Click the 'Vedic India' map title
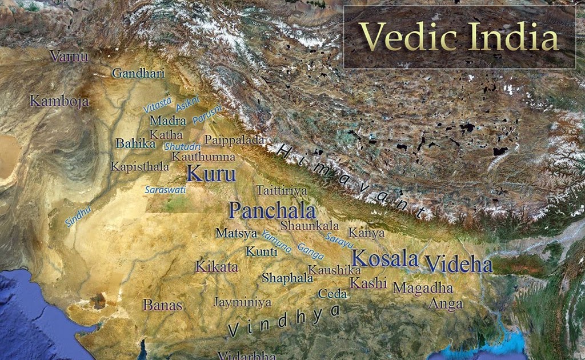[459, 37]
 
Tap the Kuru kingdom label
[211, 173]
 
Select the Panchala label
[272, 210]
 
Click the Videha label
[459, 265]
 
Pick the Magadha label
[423, 288]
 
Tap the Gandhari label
[138, 73]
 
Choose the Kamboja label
[59, 102]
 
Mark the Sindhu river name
[78, 217]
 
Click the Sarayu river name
[339, 239]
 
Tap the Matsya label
[236, 233]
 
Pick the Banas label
[162, 305]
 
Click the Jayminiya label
[242, 302]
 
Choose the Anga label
[446, 304]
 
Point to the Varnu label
[69, 56]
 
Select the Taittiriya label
[282, 190]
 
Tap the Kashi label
[368, 283]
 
